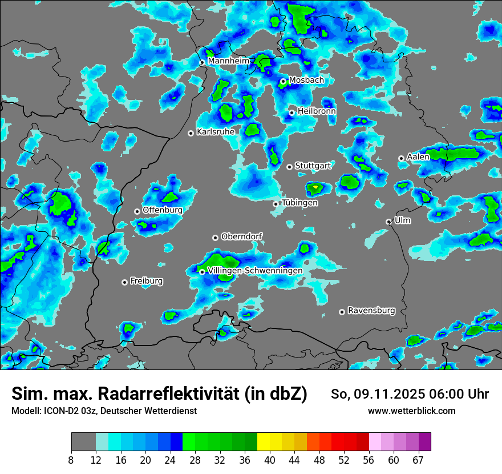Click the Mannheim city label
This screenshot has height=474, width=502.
228,61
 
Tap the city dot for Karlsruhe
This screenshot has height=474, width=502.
191,133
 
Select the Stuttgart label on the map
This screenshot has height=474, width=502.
313,166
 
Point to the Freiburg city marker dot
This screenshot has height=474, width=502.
124,282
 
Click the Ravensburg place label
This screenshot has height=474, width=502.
371,311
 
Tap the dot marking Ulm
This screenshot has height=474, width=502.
388,222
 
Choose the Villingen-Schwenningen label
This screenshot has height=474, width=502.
255,271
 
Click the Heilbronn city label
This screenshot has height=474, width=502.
317,111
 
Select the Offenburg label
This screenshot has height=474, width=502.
163,210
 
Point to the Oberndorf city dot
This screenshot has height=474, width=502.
215,238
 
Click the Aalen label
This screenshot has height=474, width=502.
418,157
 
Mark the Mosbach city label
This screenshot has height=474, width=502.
306,81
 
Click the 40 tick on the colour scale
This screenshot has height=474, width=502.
269,460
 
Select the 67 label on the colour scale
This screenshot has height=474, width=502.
418,460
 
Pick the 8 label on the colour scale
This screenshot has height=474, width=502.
71,460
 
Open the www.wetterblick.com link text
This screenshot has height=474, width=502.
411,411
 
